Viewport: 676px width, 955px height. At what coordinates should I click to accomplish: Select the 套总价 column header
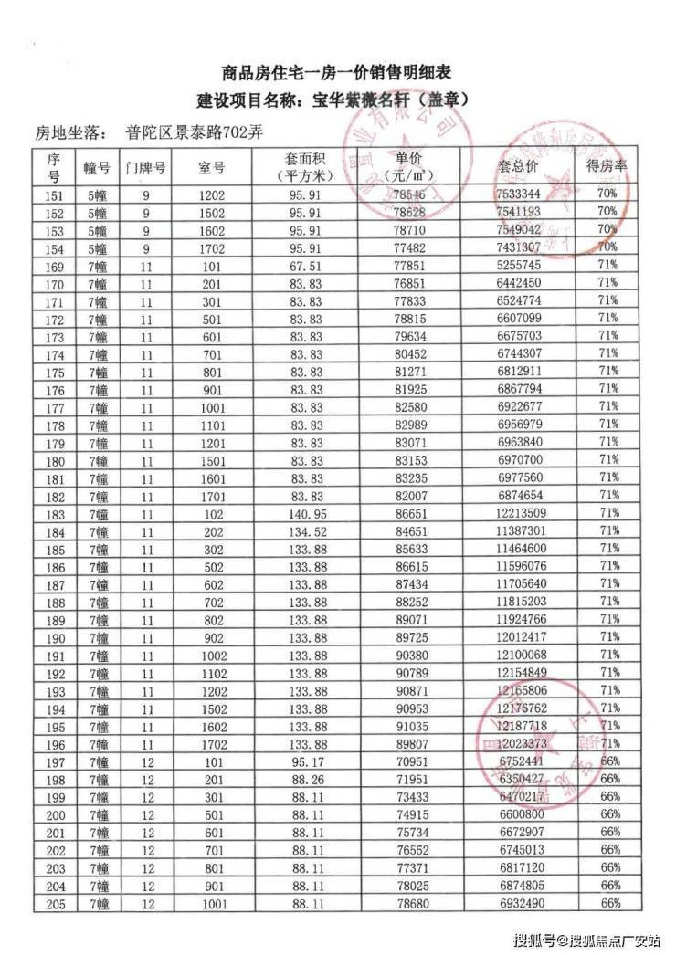pyautogui.click(x=517, y=168)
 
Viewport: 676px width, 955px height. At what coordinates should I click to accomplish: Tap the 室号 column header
pyautogui.click(x=211, y=168)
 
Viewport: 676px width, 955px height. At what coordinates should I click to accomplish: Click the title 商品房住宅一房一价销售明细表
pyautogui.click(x=337, y=72)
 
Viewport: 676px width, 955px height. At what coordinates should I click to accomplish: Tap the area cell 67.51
pyautogui.click(x=301, y=265)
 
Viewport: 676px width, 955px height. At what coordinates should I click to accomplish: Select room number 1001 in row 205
pyautogui.click(x=211, y=902)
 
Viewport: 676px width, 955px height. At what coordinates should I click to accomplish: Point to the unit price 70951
pyautogui.click(x=408, y=761)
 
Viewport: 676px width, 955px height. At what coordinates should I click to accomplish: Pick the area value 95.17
pyautogui.click(x=301, y=761)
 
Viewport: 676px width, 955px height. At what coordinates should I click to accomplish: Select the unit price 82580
pyautogui.click(x=408, y=406)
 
